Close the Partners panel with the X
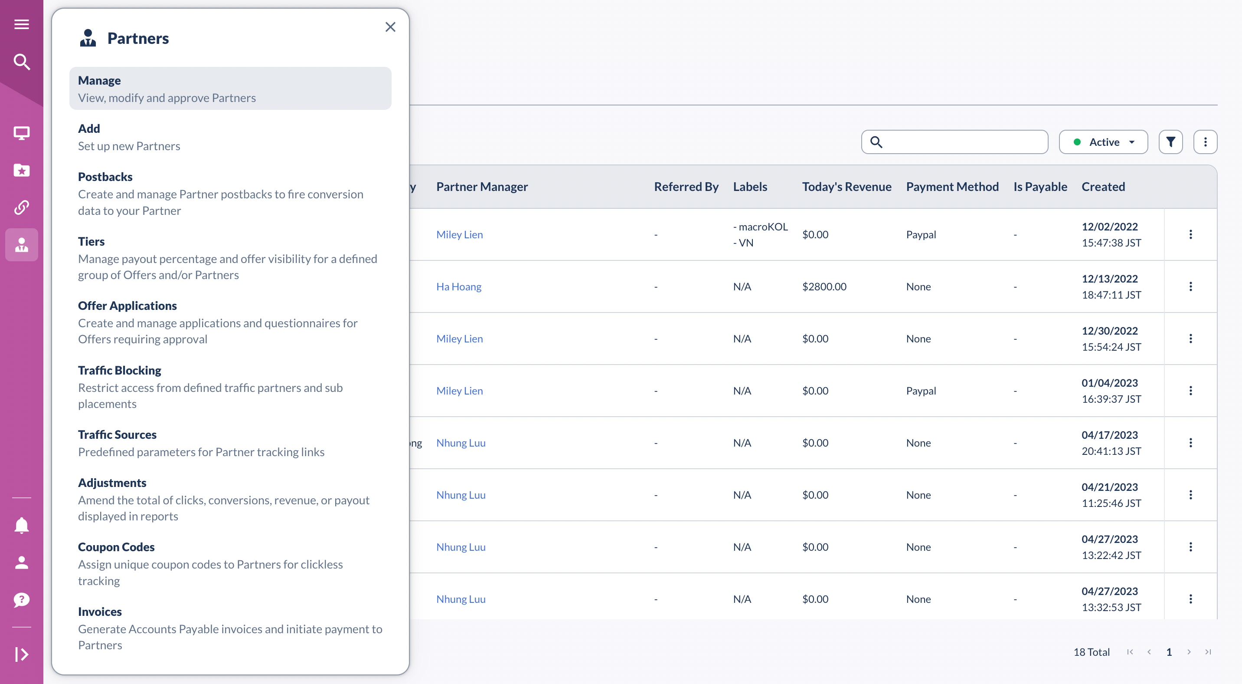click(x=390, y=27)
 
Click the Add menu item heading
click(x=89, y=128)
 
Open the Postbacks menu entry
click(x=105, y=177)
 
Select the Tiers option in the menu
click(x=91, y=241)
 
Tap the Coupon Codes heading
click(x=116, y=546)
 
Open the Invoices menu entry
click(x=100, y=611)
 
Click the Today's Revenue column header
click(x=846, y=187)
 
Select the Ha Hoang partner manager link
click(x=458, y=286)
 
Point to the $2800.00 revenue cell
click(x=824, y=286)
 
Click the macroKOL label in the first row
click(x=762, y=227)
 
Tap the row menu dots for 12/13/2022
click(x=1190, y=286)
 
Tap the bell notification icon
click(x=22, y=525)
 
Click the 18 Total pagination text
click(x=1091, y=652)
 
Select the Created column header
click(x=1103, y=187)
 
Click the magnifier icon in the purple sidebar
click(x=22, y=62)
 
